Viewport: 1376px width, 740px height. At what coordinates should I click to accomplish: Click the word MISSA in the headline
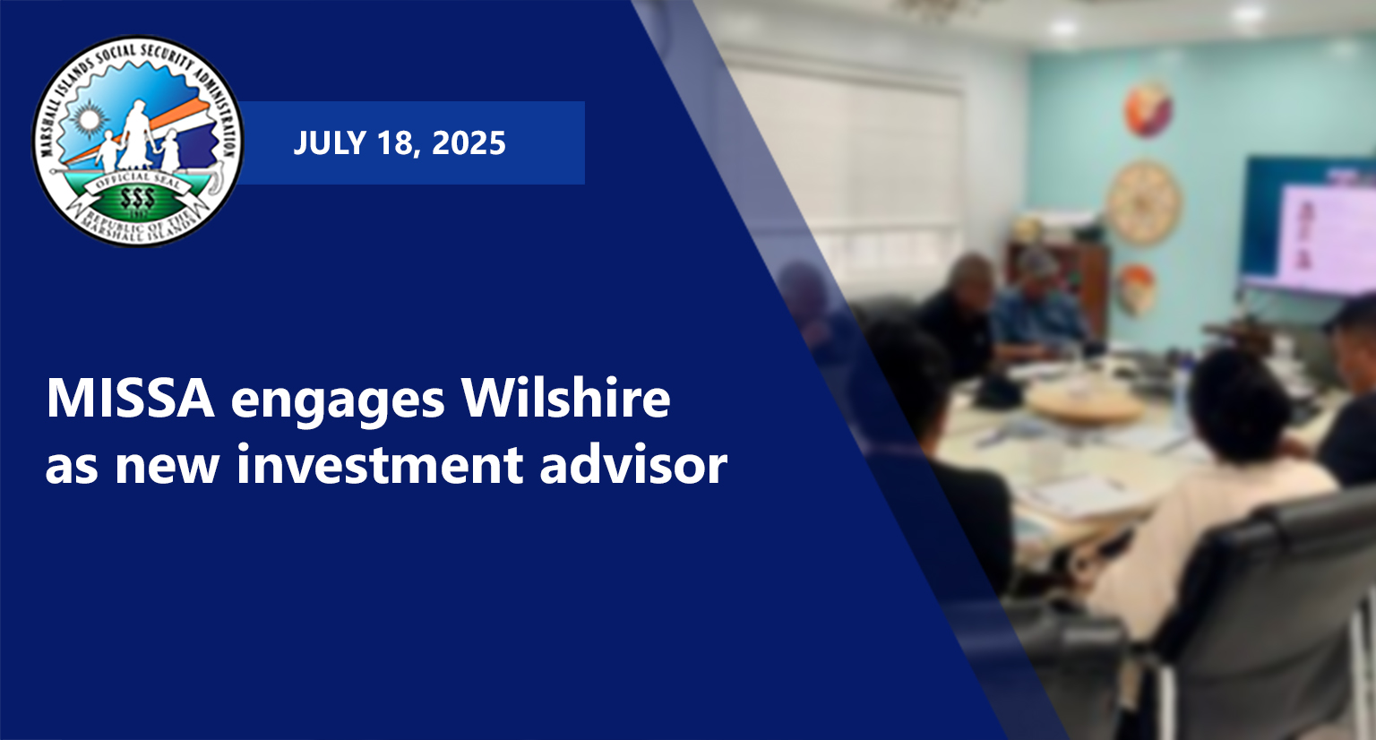(130, 400)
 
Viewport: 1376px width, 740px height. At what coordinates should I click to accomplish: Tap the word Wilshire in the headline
(566, 398)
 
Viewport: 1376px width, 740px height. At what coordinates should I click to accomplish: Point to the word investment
(380, 464)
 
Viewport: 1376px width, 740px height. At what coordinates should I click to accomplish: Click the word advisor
(633, 464)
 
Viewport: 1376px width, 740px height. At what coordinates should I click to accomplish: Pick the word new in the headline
(168, 469)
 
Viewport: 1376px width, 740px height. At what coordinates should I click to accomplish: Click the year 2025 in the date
(469, 143)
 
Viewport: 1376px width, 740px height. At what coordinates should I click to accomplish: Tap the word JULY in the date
(330, 143)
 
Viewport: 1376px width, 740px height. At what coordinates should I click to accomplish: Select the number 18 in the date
(400, 143)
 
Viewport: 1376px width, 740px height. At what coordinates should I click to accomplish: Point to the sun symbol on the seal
(89, 118)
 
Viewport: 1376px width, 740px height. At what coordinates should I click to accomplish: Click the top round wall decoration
(1148, 110)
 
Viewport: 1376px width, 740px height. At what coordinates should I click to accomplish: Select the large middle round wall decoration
(1144, 202)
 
